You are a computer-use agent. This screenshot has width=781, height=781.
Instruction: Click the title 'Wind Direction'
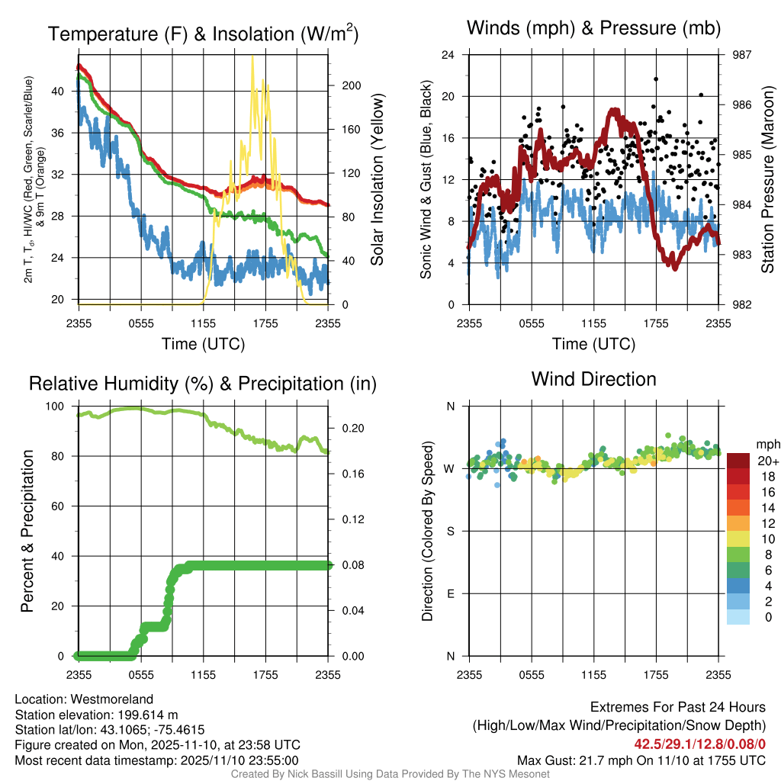coord(593,379)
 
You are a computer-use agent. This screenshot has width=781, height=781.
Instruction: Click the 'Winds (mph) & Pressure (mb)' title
coord(593,28)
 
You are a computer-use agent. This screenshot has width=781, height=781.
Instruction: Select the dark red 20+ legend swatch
coord(738,461)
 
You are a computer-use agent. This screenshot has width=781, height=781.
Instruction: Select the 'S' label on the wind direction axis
coord(450,531)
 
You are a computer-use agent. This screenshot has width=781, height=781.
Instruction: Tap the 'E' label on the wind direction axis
coord(450,593)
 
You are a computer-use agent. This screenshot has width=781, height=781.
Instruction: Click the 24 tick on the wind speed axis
coord(449,55)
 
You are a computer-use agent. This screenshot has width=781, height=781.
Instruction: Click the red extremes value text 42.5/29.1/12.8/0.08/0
coord(699,743)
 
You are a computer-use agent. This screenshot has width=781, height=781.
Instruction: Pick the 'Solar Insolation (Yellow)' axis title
coord(377,180)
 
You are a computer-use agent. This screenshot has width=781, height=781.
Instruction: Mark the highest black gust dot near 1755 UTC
coord(655,79)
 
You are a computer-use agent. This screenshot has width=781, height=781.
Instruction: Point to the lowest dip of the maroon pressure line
coord(674,267)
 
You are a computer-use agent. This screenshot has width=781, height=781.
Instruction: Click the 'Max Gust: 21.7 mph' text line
coord(641,760)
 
